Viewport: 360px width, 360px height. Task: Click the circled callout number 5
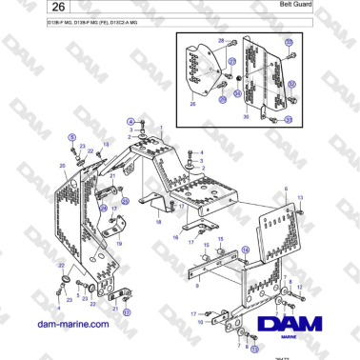coord(70,137)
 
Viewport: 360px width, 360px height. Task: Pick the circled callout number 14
coord(244,250)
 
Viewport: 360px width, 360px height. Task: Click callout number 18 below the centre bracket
coord(158,222)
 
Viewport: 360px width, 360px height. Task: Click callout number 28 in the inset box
coord(220,42)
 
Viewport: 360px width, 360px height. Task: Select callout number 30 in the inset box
coord(245,116)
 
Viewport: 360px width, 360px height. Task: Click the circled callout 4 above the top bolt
coord(130,120)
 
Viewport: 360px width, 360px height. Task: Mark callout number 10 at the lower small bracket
coord(200,323)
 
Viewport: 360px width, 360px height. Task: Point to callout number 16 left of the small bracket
coord(175,239)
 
